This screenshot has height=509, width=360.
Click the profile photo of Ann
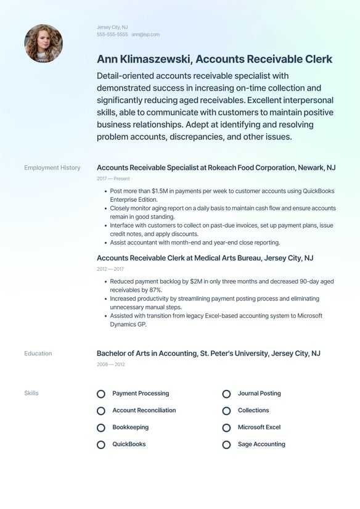coord(43,43)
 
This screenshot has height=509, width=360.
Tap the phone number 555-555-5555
coord(112,35)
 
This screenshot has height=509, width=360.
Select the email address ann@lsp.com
coord(145,35)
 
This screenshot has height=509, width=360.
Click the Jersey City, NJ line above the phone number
coord(112,27)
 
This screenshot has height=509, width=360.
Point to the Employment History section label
coord(52,168)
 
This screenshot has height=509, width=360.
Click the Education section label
coord(38,354)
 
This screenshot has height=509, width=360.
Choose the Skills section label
coord(31,393)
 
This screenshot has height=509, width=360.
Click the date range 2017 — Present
coord(113,178)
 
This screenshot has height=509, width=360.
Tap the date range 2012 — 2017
coord(110,269)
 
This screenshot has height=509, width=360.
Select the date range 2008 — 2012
coord(111,365)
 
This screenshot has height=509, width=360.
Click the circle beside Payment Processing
coord(101,394)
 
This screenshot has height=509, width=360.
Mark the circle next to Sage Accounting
coord(226,444)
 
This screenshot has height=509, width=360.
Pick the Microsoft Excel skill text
coord(259,427)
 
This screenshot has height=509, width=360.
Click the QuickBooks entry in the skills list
coord(129,444)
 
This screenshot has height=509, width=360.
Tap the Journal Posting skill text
coord(259,393)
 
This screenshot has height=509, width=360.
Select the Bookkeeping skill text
coord(130,427)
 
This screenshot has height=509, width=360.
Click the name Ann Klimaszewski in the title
coord(144,59)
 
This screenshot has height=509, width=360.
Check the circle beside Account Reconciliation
coord(101,410)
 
